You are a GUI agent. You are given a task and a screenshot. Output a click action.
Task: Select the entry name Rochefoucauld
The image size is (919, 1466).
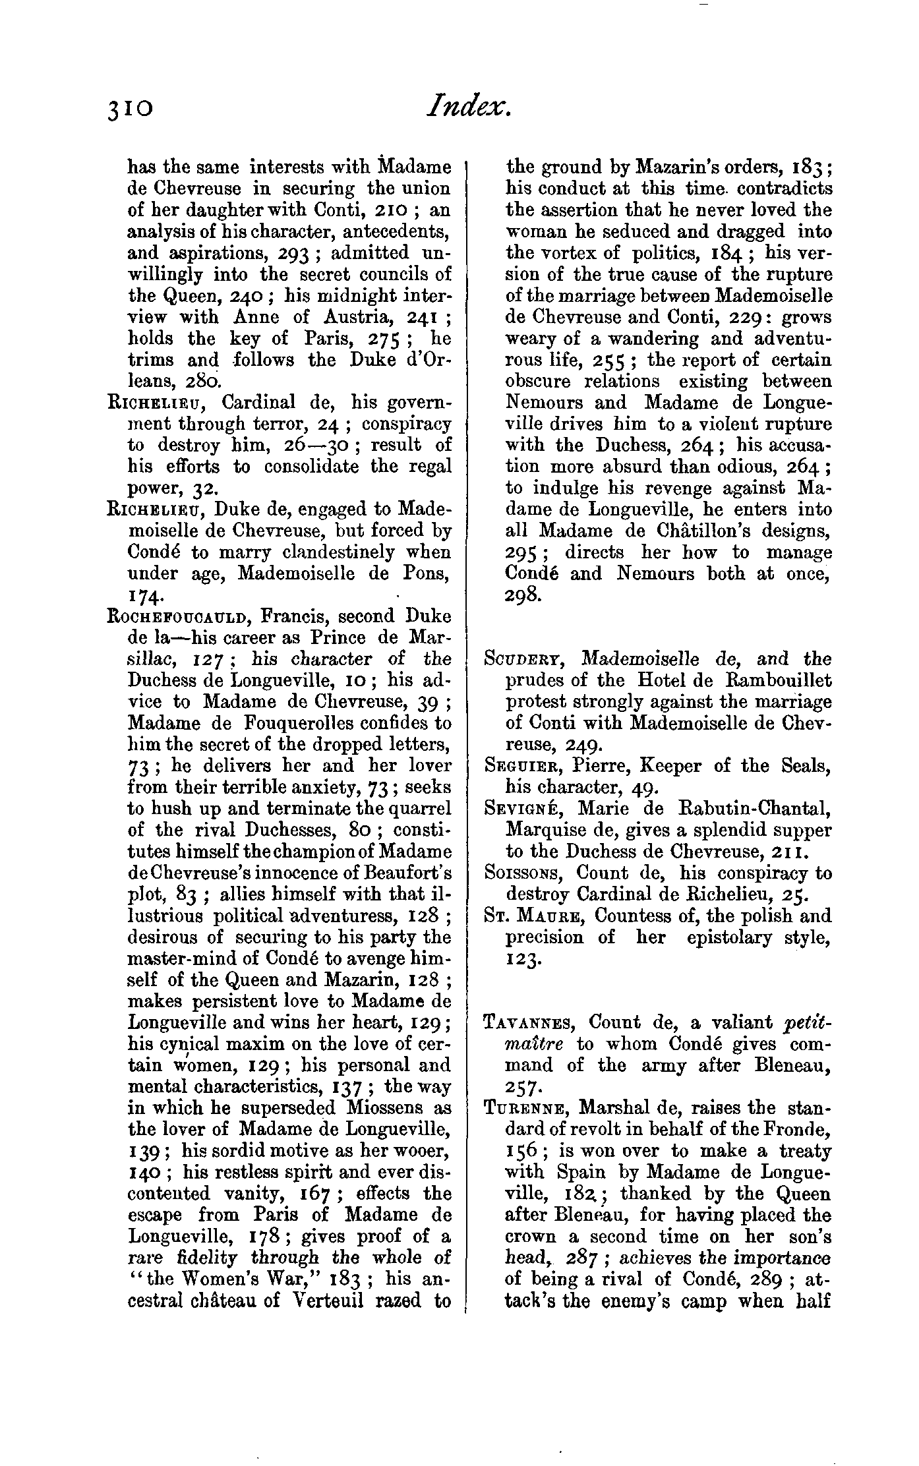coord(177,617)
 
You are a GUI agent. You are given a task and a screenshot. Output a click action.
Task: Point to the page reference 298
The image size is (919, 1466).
coord(524,596)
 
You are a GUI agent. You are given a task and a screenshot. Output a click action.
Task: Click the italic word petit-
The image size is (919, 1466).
coord(808,1022)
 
